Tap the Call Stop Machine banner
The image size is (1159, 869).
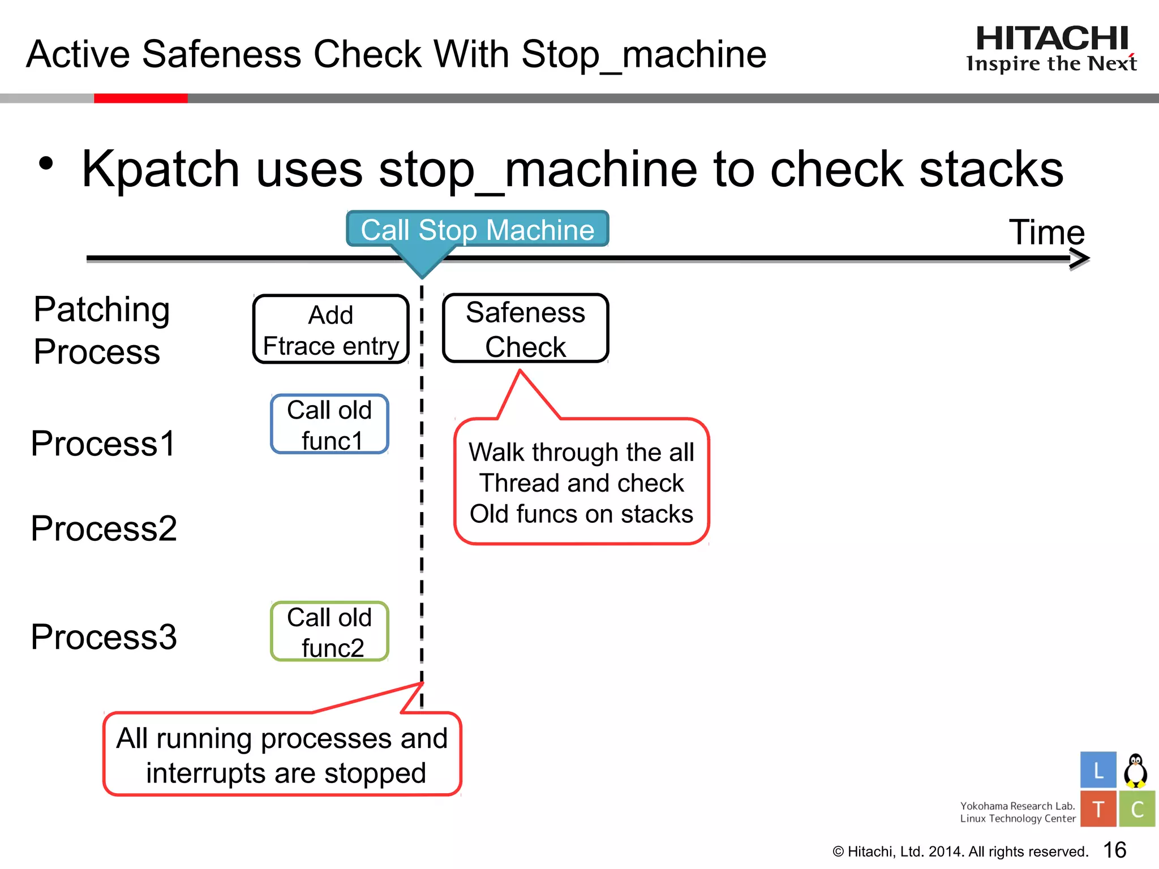[477, 230]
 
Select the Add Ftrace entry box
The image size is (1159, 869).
[331, 330]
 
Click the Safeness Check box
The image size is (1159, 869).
[525, 329]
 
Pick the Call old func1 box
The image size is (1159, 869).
[330, 424]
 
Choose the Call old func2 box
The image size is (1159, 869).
[330, 632]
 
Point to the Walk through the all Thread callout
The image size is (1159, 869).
[581, 483]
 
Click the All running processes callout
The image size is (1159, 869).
[282, 755]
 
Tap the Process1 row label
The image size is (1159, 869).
[103, 443]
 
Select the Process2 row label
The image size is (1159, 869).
[104, 528]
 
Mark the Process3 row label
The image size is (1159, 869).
[104, 636]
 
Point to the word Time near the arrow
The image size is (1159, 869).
[1046, 232]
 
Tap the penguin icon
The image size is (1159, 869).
[1135, 771]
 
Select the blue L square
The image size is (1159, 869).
[1098, 770]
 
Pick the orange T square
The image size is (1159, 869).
[1098, 809]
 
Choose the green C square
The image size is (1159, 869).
[1136, 809]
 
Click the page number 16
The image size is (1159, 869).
[1114, 850]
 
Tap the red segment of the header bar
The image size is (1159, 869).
[140, 98]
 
